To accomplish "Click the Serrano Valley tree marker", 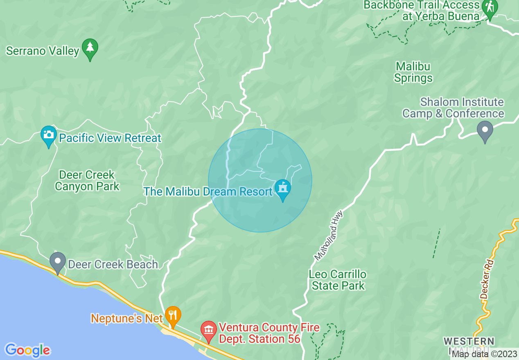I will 90,48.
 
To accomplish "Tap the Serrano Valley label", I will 43,51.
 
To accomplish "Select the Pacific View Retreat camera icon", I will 49,135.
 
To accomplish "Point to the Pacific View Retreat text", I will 110,138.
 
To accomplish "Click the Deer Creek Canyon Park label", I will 87,181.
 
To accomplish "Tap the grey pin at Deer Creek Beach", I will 58,261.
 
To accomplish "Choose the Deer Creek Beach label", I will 113,265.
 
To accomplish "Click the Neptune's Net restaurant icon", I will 173,315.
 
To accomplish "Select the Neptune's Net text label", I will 127,318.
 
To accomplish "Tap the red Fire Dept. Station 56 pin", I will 209,330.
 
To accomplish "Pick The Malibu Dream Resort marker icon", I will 282,189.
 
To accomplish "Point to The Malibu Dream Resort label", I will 208,191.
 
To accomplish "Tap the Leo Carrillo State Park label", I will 338,280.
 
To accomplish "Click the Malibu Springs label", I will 413,72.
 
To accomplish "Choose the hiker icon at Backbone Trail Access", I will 490,8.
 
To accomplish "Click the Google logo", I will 27,350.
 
